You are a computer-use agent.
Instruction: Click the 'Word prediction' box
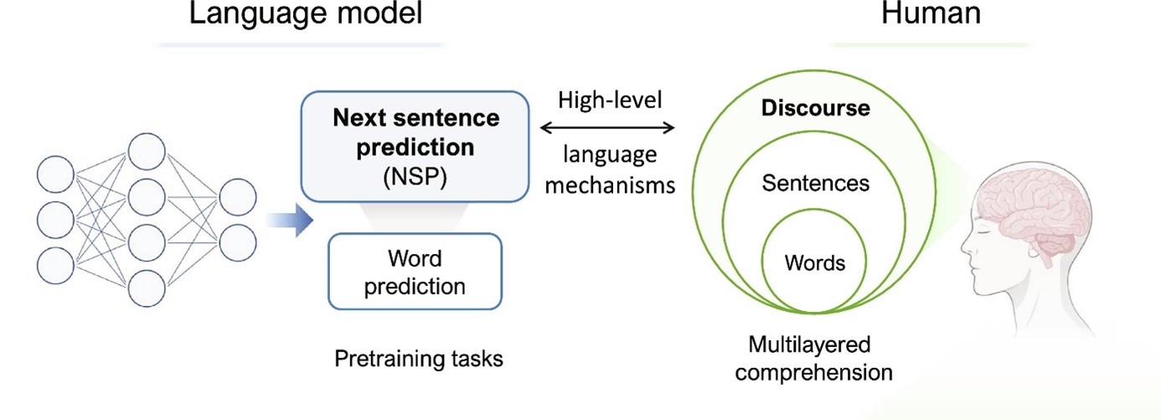pyautogui.click(x=415, y=272)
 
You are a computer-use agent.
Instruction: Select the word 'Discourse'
pyautogui.click(x=815, y=109)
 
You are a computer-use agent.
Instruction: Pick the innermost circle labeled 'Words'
pyautogui.click(x=814, y=262)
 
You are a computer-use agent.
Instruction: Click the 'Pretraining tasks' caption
pyautogui.click(x=419, y=360)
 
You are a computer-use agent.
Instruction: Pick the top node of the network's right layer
pyautogui.click(x=237, y=195)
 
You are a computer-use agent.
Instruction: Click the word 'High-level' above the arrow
pyautogui.click(x=609, y=99)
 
